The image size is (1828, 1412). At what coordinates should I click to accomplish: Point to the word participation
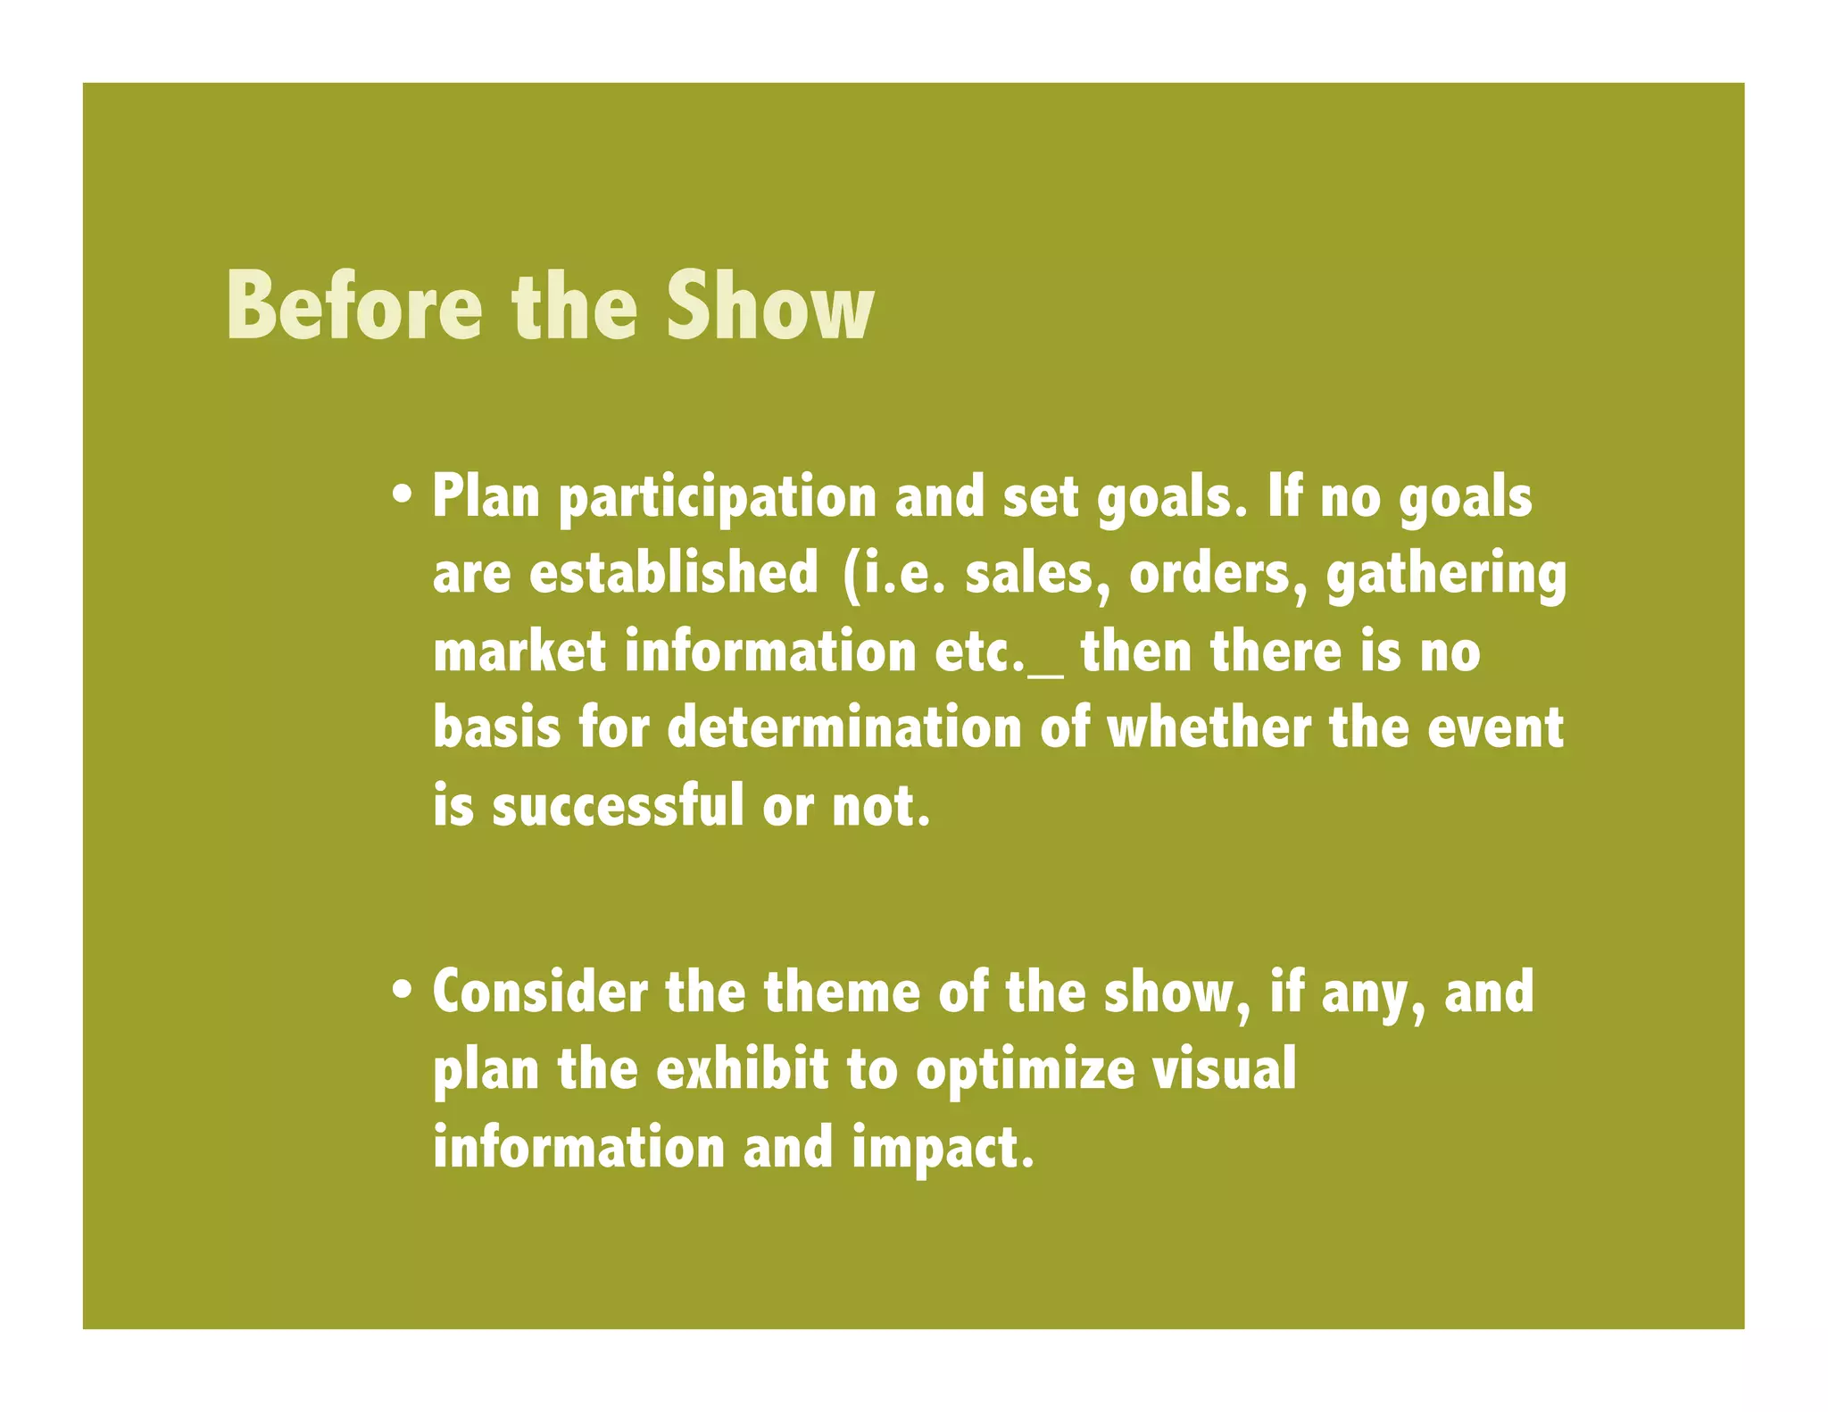coord(718,498)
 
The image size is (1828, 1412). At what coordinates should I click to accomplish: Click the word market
coord(519,651)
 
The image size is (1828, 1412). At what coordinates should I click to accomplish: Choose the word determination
coord(843,727)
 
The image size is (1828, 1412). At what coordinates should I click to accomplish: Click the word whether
coord(1209,727)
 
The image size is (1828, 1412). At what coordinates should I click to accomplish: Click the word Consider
coord(540,992)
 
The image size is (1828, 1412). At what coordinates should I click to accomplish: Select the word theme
coord(841,992)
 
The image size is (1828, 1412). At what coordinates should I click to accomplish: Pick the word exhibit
coord(742,1069)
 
